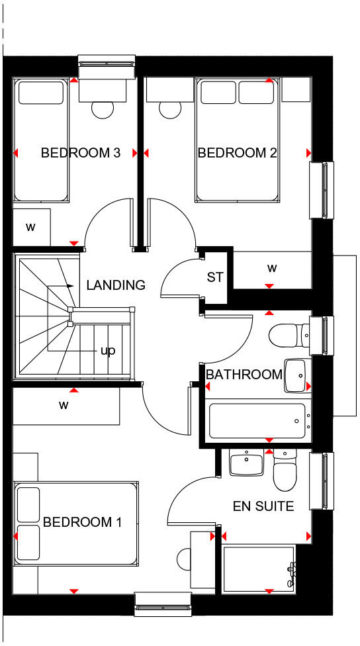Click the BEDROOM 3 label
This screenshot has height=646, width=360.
80,153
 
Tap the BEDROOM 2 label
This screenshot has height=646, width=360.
237,153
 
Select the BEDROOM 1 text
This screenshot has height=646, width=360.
82,522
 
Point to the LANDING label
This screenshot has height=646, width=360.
115,285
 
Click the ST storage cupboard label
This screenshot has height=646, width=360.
215,277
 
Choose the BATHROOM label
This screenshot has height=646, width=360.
244,375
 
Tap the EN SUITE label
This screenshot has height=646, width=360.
263,506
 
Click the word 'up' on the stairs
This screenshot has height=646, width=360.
108,350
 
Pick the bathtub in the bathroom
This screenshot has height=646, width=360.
257,421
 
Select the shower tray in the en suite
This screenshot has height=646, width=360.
259,568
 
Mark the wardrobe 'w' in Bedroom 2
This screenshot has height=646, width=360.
271,269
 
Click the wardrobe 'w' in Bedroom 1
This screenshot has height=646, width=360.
65,404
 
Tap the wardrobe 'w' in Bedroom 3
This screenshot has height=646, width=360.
30,227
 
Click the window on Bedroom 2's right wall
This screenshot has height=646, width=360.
319,190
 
